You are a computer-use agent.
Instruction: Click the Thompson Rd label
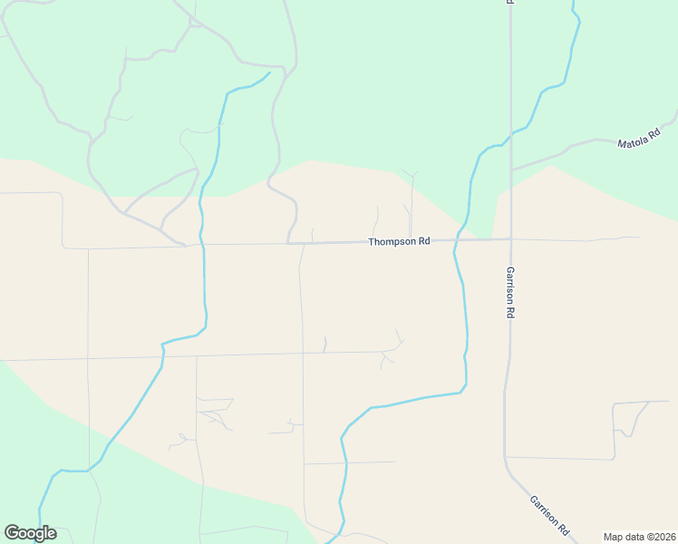pos(399,242)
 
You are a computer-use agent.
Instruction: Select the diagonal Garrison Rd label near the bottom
pos(550,514)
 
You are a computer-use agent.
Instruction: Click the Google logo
pos(30,533)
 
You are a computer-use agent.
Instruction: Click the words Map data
pos(625,537)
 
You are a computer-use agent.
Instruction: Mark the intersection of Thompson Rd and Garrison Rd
pos(510,239)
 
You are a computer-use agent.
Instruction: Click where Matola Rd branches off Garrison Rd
pos(511,170)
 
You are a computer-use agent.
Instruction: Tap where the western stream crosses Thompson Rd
pos(202,244)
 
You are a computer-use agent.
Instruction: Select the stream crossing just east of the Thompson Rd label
pos(456,240)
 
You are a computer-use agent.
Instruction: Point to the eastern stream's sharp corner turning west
pos(464,389)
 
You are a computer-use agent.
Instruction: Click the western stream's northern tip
pos(269,73)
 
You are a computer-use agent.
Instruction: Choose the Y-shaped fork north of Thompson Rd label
pos(412,176)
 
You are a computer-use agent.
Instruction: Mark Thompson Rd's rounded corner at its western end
pos(63,246)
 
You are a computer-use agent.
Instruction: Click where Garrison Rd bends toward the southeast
pos(506,462)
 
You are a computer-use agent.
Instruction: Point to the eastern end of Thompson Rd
pos(640,238)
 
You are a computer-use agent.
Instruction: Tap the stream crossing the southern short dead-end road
pos(345,463)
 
